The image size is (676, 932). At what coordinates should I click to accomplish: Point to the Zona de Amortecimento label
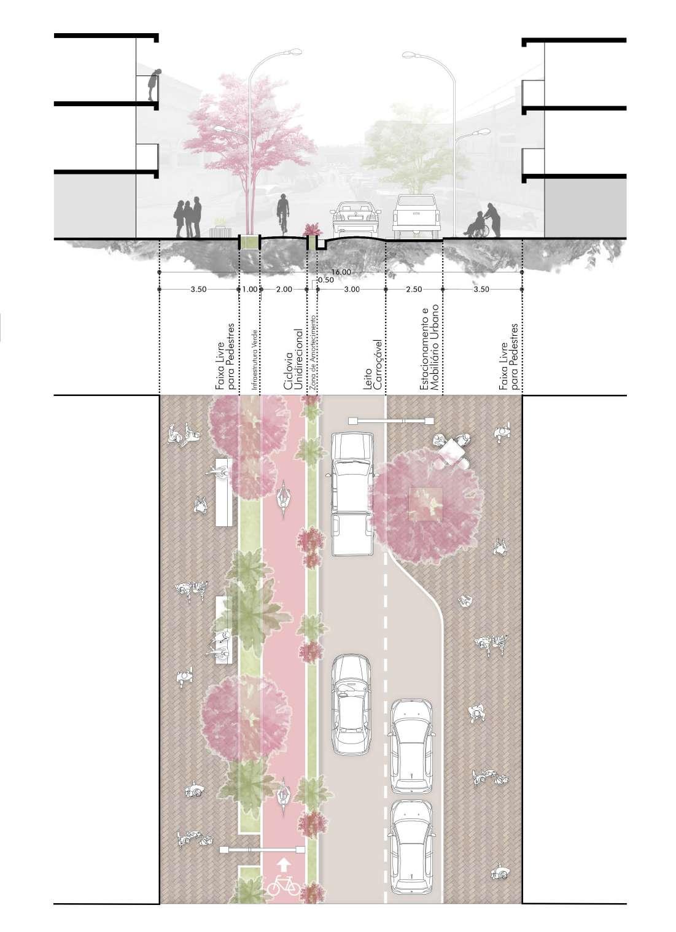click(x=314, y=354)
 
